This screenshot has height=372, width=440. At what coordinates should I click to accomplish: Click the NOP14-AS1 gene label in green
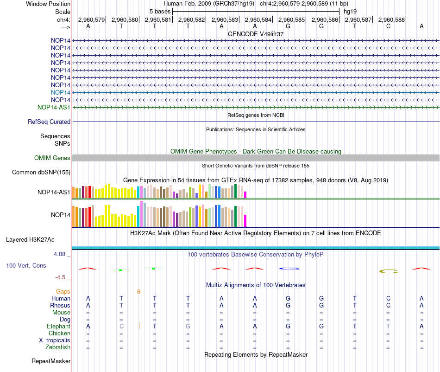click(x=54, y=107)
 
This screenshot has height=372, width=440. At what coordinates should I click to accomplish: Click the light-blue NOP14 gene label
click(x=60, y=92)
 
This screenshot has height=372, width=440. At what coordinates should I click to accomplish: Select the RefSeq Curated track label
click(x=49, y=122)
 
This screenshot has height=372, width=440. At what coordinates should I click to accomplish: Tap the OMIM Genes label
click(x=52, y=158)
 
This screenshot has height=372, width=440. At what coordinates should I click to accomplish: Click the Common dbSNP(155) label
click(x=41, y=172)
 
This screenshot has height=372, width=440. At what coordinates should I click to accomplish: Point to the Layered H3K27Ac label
click(x=30, y=240)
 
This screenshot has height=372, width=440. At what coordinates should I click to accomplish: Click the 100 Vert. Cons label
click(x=26, y=265)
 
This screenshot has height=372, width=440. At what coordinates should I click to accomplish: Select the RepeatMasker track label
click(x=51, y=361)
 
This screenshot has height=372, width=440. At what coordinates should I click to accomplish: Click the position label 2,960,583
click(x=225, y=19)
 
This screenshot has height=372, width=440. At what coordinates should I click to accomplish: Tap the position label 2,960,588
click(x=391, y=19)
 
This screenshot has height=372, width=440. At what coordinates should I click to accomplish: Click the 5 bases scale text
click(x=160, y=12)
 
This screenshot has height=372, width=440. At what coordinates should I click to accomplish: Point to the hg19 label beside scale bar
click(x=350, y=12)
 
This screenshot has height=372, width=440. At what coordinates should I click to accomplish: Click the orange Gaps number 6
click(x=138, y=292)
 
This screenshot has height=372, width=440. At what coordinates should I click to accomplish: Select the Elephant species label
click(x=58, y=326)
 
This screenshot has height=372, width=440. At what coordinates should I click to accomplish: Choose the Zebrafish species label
click(x=58, y=347)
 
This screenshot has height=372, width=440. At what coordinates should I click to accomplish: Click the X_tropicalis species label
click(x=55, y=340)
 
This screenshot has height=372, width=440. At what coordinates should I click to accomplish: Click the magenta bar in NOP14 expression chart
click(x=245, y=221)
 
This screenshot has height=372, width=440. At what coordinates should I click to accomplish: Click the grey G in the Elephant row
click(x=188, y=326)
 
